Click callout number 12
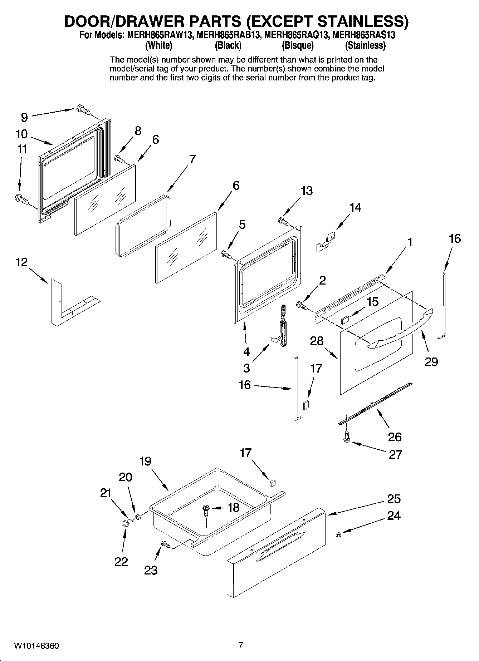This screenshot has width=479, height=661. coord(21,262)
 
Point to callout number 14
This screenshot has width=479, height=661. coord(355,207)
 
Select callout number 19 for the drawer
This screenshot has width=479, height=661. coord(145,461)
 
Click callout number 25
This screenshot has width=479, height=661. coord(394,499)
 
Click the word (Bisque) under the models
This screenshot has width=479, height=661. coord(298,46)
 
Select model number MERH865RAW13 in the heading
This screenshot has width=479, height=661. coord(160,36)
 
